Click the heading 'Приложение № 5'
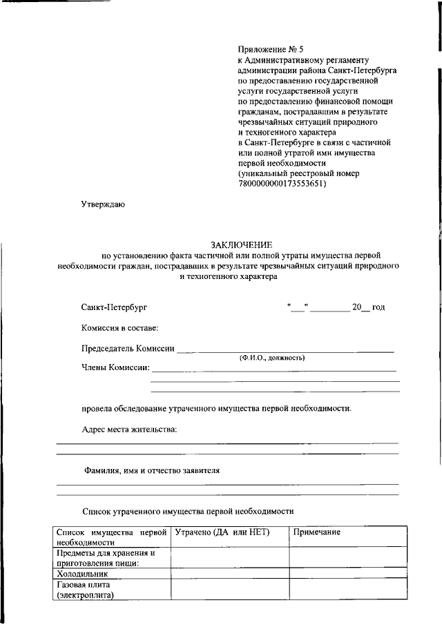(x=271, y=49)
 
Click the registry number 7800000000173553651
(x=282, y=184)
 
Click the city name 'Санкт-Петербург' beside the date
(x=114, y=307)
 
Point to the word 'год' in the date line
(x=378, y=307)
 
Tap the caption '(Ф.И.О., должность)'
(x=272, y=358)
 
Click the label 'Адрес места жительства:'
(x=129, y=430)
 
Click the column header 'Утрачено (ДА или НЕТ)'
(x=222, y=532)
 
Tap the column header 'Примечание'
(x=317, y=532)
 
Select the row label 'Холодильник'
(x=84, y=573)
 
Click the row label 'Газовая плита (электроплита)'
(x=86, y=589)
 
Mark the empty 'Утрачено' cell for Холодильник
(x=229, y=573)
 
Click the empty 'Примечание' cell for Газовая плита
(x=343, y=589)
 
